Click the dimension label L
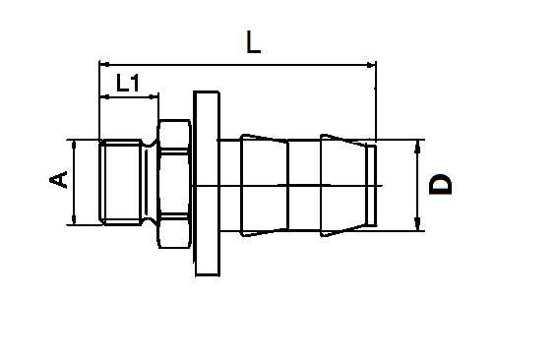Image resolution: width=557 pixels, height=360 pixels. pyautogui.click(x=253, y=41)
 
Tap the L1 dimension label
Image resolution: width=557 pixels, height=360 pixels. pyautogui.click(x=127, y=83)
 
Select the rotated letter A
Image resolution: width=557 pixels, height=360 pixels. pyautogui.click(x=60, y=179)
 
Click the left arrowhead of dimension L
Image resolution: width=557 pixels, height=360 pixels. pyautogui.click(x=104, y=65)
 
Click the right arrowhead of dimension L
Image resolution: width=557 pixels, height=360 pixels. pyautogui.click(x=371, y=65)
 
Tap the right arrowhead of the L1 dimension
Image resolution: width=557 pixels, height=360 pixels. pyautogui.click(x=155, y=96)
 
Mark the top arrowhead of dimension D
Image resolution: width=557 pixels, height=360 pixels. pyautogui.click(x=418, y=145)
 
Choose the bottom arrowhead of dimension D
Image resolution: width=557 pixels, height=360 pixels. pyautogui.click(x=418, y=225)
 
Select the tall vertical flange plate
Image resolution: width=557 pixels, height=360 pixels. pyautogui.click(x=207, y=183)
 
